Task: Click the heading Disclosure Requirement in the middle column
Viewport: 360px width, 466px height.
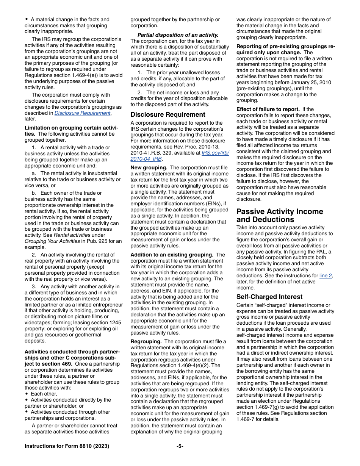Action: (x=168, y=114)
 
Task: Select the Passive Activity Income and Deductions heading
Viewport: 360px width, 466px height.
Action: (x=280, y=216)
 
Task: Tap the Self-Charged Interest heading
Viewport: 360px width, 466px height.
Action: (x=269, y=297)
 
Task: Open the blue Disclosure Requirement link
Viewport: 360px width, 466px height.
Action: (x=83, y=113)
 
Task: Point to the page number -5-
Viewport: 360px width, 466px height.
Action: (x=180, y=446)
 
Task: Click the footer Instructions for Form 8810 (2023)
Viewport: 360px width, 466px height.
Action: (x=67, y=446)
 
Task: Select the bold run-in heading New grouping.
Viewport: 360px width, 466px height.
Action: (x=149, y=167)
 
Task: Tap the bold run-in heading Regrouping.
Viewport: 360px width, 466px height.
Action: (x=146, y=342)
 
